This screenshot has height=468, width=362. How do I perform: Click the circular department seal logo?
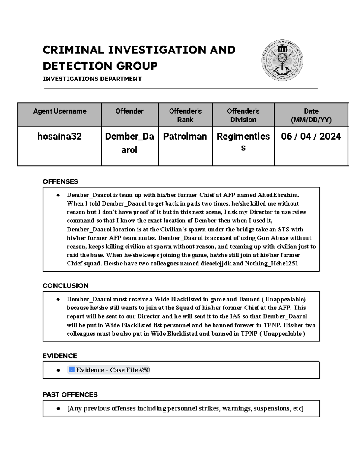click(282, 61)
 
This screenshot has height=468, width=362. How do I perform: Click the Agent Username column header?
click(60, 111)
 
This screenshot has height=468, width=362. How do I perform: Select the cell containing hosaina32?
click(59, 137)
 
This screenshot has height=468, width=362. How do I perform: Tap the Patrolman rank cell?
click(185, 137)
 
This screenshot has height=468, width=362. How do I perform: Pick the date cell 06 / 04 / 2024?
click(311, 137)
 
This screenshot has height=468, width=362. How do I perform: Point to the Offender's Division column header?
click(243, 115)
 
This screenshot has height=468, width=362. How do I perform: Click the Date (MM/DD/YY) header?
click(311, 115)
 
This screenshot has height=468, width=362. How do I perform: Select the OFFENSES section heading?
click(60, 181)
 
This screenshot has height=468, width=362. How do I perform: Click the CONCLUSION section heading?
click(65, 286)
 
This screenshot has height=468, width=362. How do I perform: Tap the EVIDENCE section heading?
click(60, 356)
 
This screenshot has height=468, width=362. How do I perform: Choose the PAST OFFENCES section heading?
click(70, 394)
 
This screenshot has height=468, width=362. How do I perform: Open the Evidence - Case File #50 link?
click(113, 370)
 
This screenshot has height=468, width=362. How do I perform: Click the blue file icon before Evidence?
click(71, 370)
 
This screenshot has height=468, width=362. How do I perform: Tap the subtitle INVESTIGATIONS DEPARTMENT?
click(92, 79)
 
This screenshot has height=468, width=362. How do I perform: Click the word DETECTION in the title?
click(78, 66)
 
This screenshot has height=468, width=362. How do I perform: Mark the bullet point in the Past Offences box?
click(58, 409)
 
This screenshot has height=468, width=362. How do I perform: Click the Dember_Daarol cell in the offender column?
click(129, 143)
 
